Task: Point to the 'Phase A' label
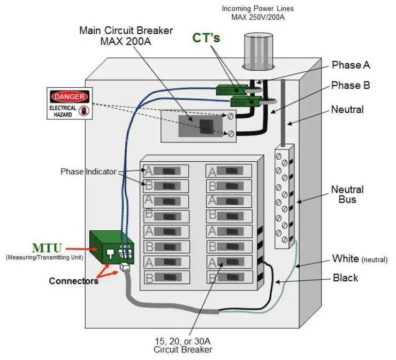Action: (x=351, y=65)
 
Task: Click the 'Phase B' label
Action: (x=351, y=86)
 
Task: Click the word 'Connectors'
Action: (x=73, y=281)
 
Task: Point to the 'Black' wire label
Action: (x=345, y=278)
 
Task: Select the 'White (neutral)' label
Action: (x=359, y=259)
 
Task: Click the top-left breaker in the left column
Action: (x=166, y=171)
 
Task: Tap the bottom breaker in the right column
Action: (x=229, y=277)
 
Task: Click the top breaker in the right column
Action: (x=229, y=171)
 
